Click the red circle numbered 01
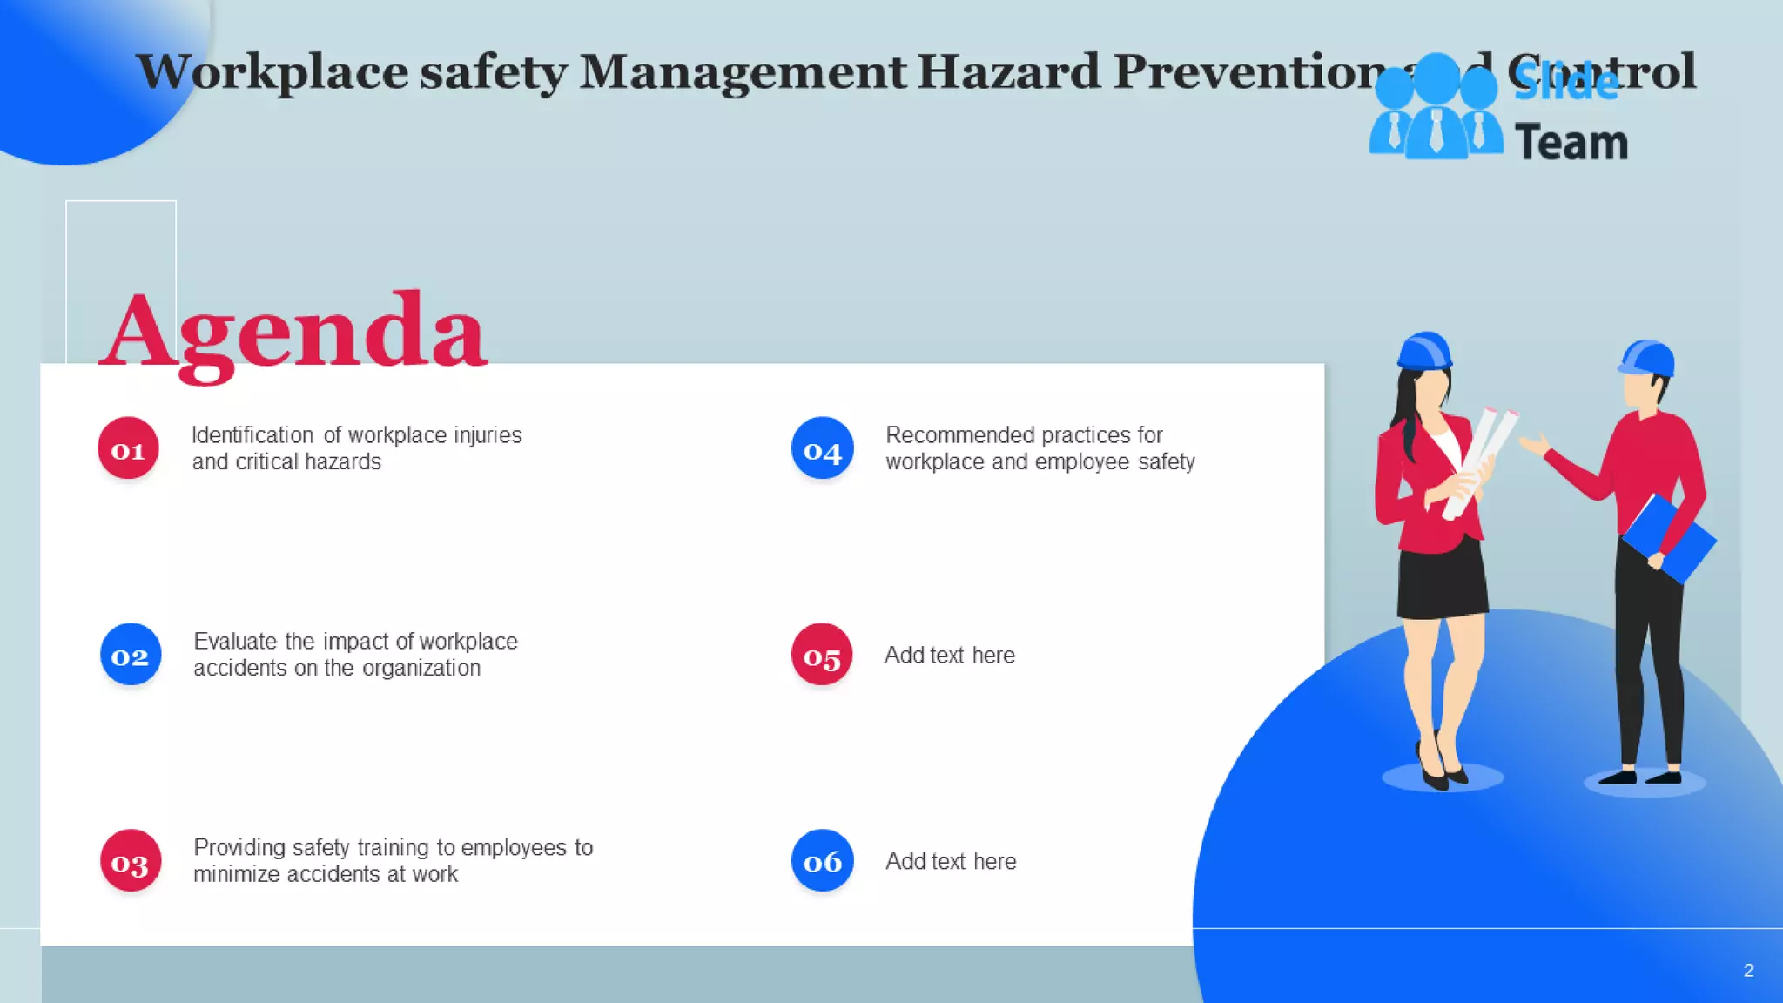pos(128,448)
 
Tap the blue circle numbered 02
pos(131,655)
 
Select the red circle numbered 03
pos(131,861)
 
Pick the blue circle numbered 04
pos(822,448)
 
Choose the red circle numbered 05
pos(822,655)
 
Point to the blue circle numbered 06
pos(822,861)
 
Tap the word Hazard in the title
pos(1008,71)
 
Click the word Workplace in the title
pos(272,71)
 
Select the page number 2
pos(1748,970)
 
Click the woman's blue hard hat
pos(1424,350)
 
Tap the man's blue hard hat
pos(1648,357)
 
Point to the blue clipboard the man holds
pos(1670,538)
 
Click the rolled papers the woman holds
pos(1480,461)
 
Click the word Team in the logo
pos(1571,143)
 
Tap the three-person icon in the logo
pos(1436,109)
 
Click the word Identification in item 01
pos(252,435)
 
